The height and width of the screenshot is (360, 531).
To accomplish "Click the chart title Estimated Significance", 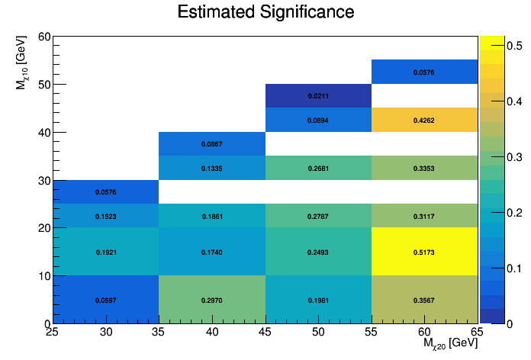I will click(265, 12).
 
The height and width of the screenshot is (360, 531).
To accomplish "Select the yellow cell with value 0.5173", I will click(424, 252).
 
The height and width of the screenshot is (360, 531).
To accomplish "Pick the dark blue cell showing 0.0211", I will click(318, 96).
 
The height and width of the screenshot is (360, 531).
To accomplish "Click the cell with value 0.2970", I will click(212, 300).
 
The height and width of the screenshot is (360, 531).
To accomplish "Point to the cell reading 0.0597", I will click(106, 300).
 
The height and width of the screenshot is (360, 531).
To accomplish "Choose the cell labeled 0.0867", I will click(212, 144).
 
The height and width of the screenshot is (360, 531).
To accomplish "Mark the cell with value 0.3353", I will click(424, 168).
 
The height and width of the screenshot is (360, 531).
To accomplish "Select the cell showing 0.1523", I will click(106, 216).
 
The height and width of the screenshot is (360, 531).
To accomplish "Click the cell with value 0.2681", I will click(318, 168).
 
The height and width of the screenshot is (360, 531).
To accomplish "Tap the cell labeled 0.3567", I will click(424, 300).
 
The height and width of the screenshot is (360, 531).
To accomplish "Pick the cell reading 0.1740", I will click(212, 252).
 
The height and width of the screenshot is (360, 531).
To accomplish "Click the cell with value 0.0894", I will click(318, 120).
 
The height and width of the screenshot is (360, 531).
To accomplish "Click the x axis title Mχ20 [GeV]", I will click(450, 345).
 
